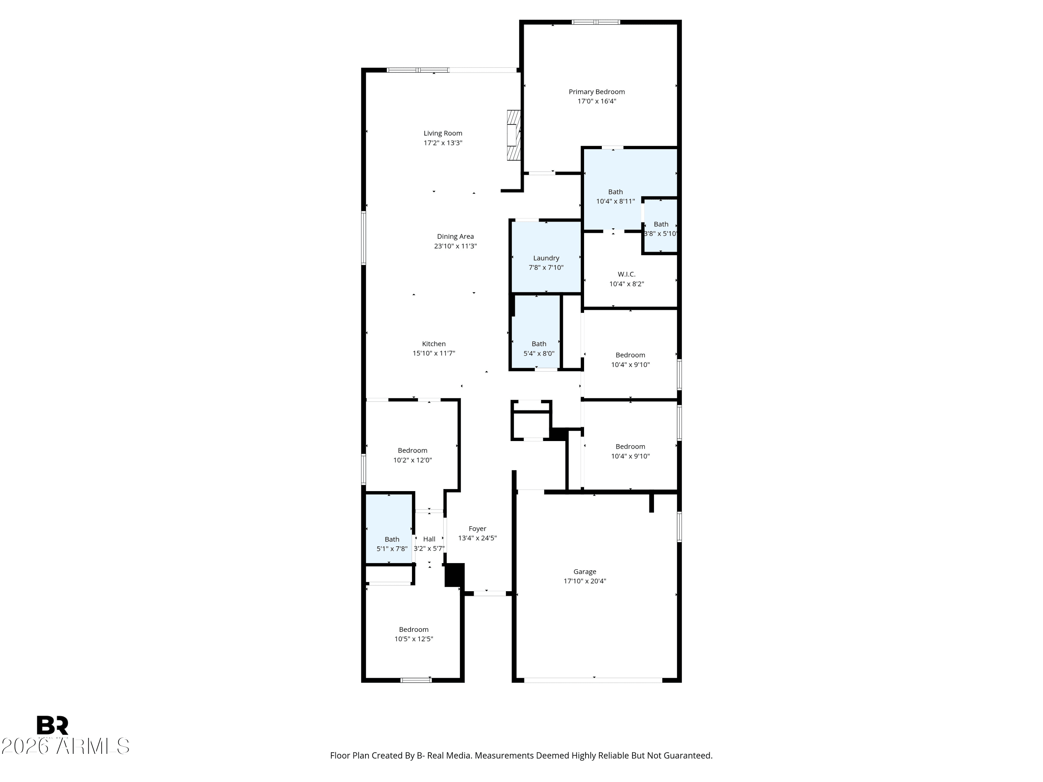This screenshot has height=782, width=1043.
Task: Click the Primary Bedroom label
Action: click(597, 92)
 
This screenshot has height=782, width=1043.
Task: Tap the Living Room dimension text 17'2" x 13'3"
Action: click(443, 143)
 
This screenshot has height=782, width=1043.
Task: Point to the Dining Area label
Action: click(455, 237)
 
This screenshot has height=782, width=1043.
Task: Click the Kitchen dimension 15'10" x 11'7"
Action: click(434, 353)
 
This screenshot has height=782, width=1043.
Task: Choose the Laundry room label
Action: click(546, 258)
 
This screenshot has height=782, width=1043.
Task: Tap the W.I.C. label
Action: click(626, 274)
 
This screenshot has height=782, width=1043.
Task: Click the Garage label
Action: click(585, 572)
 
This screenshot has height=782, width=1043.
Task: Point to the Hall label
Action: click(429, 539)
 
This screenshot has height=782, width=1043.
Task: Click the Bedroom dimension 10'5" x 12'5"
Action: click(413, 639)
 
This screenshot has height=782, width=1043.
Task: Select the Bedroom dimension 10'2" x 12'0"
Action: click(413, 460)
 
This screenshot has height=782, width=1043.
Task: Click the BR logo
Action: click(52, 726)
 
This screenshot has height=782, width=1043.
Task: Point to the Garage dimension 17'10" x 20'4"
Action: click(585, 581)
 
